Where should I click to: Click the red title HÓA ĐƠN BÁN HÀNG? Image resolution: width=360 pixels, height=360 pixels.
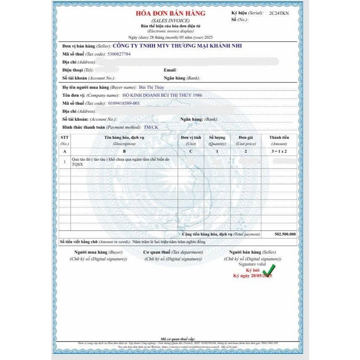(170, 13)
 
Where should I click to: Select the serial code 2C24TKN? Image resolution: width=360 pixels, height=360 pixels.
(279, 13)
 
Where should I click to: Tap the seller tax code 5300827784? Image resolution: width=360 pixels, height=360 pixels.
(119, 54)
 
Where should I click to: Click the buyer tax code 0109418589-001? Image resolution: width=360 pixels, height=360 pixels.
(124, 103)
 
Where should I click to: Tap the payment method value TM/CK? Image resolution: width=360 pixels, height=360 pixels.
(151, 127)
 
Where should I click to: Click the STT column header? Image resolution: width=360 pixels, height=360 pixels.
(64, 140)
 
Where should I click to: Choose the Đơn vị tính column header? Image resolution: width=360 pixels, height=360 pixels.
(191, 140)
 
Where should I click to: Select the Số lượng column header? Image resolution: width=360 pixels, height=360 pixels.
(217, 140)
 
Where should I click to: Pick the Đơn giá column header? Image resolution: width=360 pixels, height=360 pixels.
(245, 140)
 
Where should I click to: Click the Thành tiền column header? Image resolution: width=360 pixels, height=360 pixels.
(279, 140)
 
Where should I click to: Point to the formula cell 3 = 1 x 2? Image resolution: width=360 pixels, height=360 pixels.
(279, 151)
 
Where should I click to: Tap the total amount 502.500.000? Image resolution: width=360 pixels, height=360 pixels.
(285, 234)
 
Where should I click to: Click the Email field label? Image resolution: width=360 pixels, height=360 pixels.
(170, 70)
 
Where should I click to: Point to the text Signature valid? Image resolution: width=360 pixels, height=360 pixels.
(252, 264)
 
